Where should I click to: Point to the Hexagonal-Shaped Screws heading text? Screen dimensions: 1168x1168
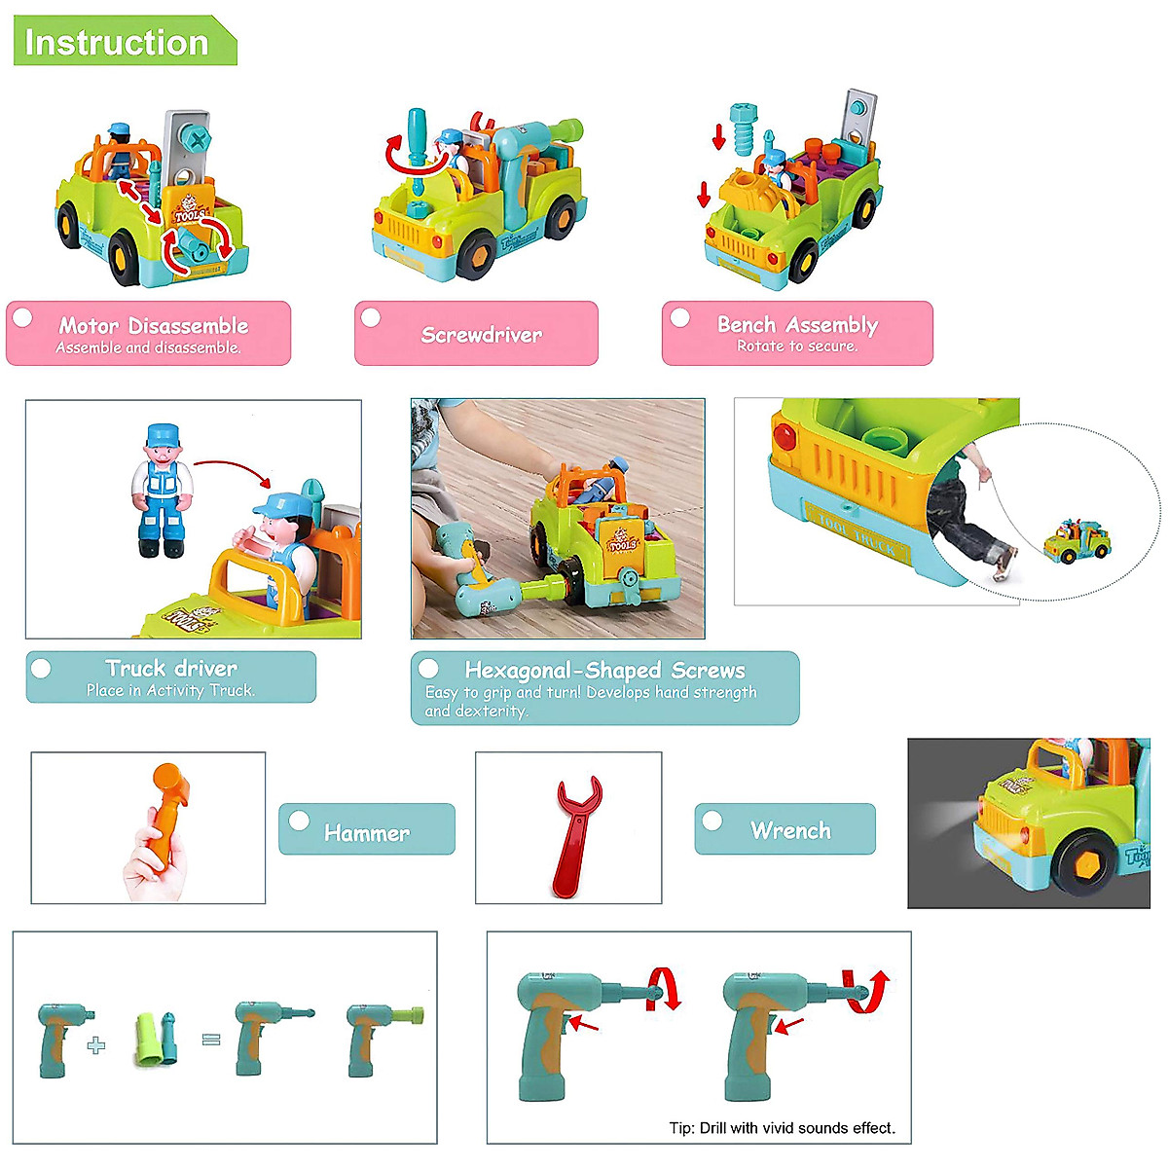click(604, 670)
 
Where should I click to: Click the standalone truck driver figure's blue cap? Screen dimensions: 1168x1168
click(164, 432)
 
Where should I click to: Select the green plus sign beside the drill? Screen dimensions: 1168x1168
click(95, 1045)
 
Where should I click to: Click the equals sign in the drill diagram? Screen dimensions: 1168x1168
click(211, 1040)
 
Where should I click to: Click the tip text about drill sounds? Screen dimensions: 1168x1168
click(782, 1128)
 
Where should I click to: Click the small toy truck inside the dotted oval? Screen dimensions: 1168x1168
click(1077, 540)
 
